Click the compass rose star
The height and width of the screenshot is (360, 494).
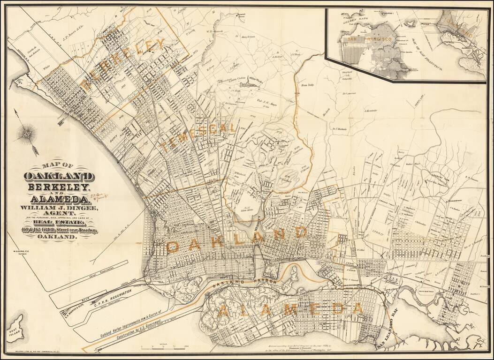pyautogui.click(x=27, y=135)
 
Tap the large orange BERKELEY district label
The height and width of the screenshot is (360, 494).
pyautogui.click(x=124, y=65)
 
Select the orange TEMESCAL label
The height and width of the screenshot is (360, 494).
pyautogui.click(x=198, y=136)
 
